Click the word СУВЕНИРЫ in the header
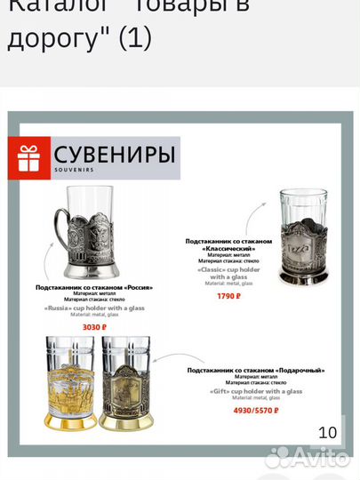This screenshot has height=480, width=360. point(112,154)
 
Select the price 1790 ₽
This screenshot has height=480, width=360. point(228,295)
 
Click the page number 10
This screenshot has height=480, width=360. point(327,433)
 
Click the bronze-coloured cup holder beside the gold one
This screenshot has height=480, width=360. point(128,385)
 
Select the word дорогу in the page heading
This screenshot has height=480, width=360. point(44,39)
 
